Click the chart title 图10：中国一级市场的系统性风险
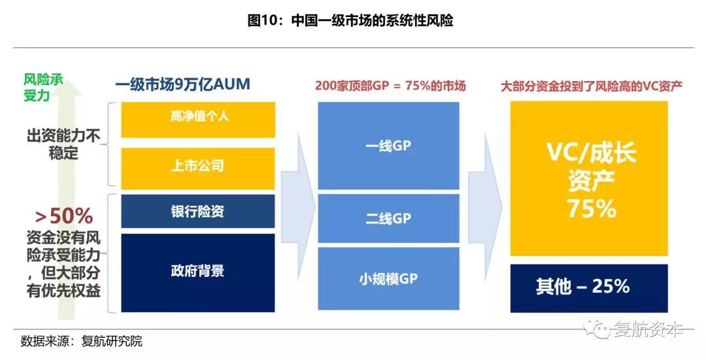(350, 21)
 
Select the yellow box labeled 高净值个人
(198, 120)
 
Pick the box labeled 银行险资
(198, 211)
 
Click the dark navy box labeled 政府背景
(198, 272)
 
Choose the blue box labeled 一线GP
(388, 146)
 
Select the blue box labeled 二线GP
(388, 219)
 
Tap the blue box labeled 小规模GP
(388, 278)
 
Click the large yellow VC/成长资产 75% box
(589, 178)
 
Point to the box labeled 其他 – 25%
(589, 288)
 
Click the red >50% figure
(64, 216)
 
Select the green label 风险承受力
(43, 88)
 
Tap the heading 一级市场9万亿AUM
(182, 84)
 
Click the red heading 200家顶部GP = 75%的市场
(390, 86)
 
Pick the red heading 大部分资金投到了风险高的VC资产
(592, 86)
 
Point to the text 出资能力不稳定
(63, 144)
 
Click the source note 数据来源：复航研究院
(82, 341)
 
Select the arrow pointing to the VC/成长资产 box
(485, 206)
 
